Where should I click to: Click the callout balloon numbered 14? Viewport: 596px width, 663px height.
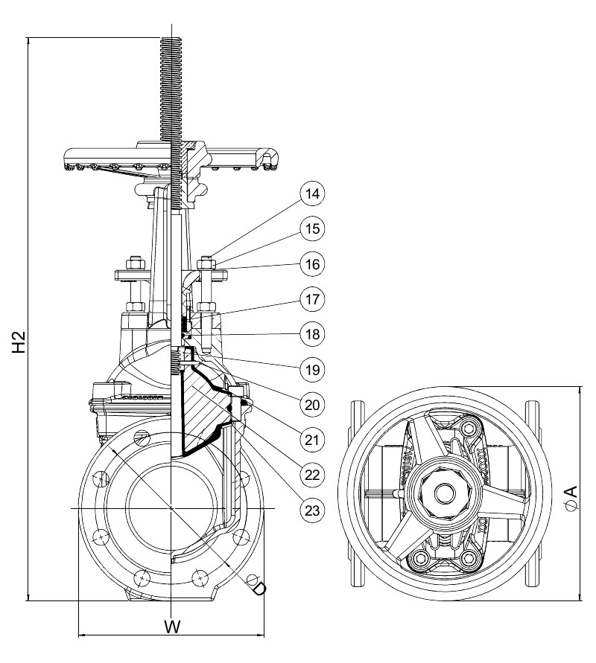pos(312,193)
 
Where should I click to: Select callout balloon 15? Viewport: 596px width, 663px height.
pos(312,228)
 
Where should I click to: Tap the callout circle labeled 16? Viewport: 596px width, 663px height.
pos(312,264)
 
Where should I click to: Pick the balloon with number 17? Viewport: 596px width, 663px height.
pos(312,299)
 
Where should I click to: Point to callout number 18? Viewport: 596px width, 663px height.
pos(312,334)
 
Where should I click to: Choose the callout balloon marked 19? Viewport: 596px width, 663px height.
pos(312,370)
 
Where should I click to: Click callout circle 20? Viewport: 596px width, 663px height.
pos(312,405)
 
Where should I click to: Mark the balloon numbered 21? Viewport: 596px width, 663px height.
pos(312,441)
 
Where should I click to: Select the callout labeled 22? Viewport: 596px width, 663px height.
pos(312,475)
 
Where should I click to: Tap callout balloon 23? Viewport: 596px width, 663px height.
pos(312,510)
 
